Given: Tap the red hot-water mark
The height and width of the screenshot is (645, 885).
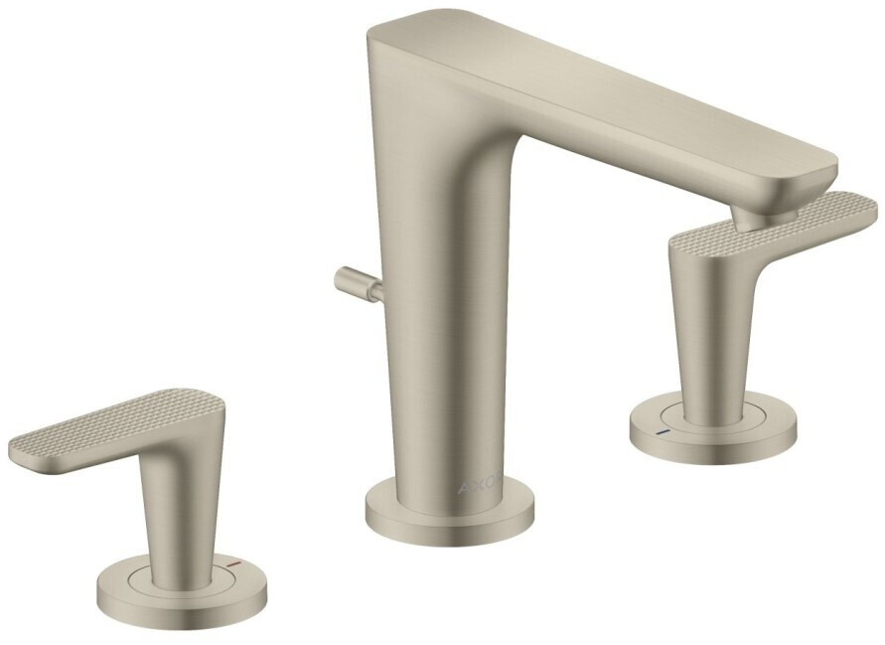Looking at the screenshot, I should coord(232,563).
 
